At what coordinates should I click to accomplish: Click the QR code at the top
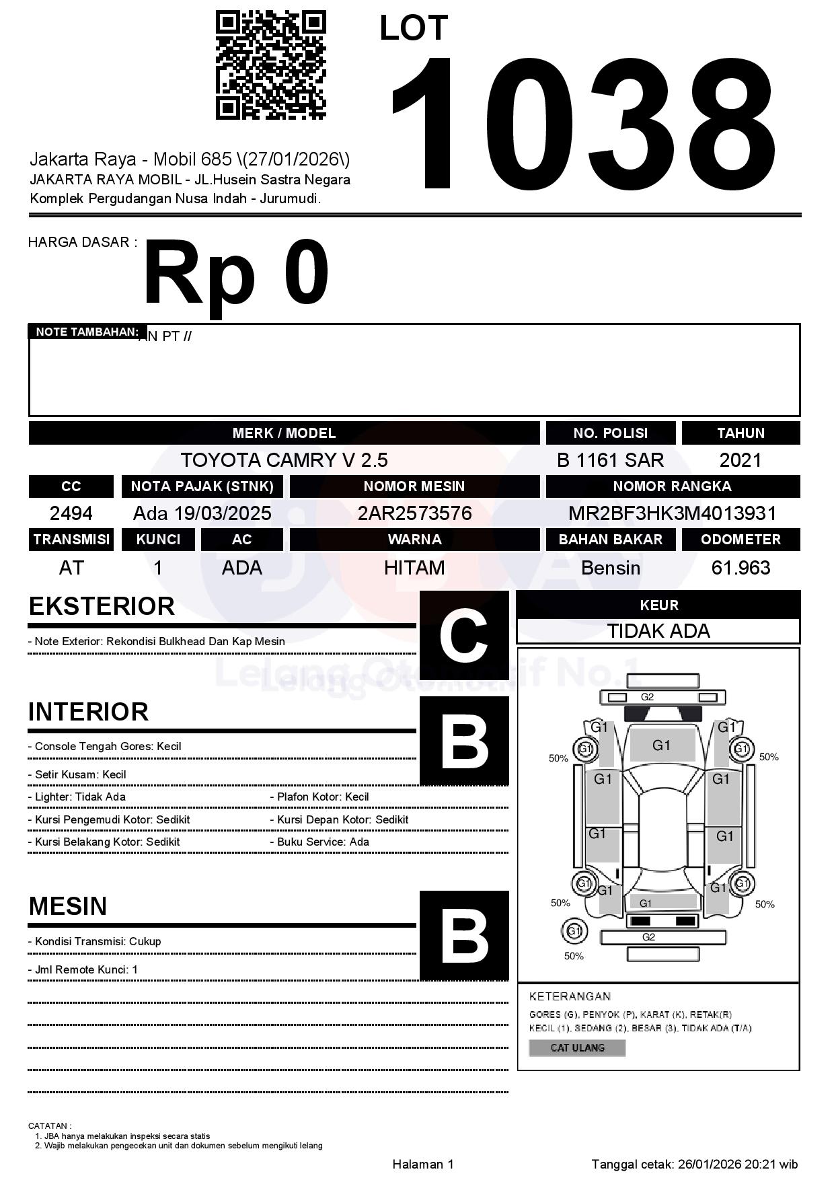[270, 65]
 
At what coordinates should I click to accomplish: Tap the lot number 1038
[583, 123]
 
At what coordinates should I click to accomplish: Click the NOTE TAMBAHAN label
[87, 332]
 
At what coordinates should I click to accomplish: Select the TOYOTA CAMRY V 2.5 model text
[284, 460]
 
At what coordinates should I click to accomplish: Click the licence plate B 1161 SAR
[610, 460]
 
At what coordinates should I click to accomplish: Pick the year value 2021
[741, 460]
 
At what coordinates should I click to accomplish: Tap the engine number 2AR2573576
[414, 513]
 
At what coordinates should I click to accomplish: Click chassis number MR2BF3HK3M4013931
[672, 513]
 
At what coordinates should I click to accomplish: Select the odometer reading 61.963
[741, 568]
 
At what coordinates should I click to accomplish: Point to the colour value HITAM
[414, 568]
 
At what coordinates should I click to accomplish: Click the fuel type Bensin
[610, 568]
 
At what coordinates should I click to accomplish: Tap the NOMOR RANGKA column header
[672, 486]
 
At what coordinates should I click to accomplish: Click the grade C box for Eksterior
[464, 635]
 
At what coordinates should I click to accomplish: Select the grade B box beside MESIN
[464, 935]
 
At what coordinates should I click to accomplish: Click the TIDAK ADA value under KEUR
[658, 631]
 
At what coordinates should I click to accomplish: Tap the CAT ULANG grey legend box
[577, 1047]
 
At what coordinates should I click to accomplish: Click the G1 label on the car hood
[661, 745]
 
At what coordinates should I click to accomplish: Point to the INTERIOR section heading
[88, 712]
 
